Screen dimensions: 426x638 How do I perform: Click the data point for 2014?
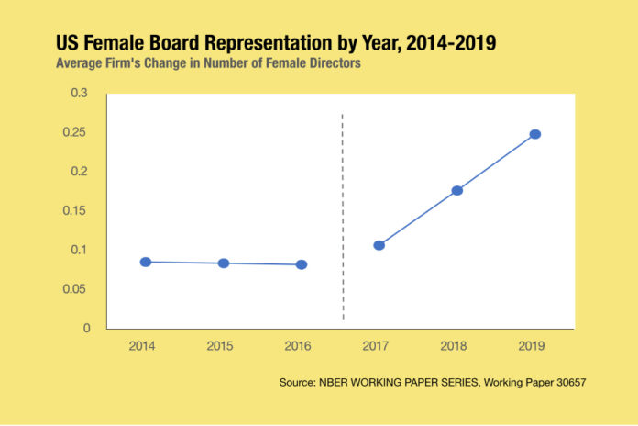click(146, 262)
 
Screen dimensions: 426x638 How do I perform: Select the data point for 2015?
click(224, 263)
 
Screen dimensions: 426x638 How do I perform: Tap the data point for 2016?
click(302, 264)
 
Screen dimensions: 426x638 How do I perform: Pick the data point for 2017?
click(379, 245)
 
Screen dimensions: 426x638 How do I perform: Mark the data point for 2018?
click(457, 190)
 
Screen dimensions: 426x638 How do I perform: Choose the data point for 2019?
click(535, 134)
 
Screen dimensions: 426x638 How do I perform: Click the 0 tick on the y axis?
click(88, 328)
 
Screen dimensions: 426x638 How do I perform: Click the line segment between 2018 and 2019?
click(496, 163)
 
